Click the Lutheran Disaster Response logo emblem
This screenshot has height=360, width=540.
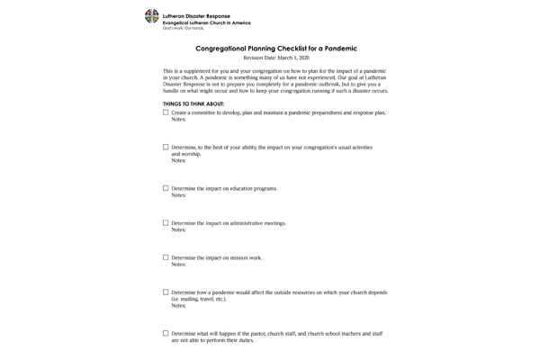(151, 16)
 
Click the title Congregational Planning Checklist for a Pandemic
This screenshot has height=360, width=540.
(276, 48)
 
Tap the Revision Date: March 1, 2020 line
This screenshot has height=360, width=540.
(276, 58)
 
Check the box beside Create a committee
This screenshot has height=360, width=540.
(166, 112)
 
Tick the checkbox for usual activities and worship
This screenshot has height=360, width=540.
(166, 147)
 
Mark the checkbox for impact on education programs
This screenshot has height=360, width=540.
(166, 188)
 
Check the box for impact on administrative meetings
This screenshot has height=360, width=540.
(166, 222)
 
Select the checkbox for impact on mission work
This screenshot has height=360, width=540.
(166, 257)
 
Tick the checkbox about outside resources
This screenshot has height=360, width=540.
(166, 292)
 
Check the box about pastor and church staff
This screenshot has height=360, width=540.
(166, 333)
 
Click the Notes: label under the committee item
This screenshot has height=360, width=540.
(178, 120)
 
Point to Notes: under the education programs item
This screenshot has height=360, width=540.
(178, 195)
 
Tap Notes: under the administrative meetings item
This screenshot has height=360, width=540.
(178, 229)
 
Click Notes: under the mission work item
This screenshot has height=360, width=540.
(178, 265)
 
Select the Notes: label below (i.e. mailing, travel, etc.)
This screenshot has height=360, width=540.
(178, 306)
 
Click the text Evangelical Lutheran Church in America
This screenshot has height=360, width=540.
(207, 22)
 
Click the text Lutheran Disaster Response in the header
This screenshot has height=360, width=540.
(196, 16)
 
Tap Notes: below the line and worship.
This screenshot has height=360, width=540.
(178, 161)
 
